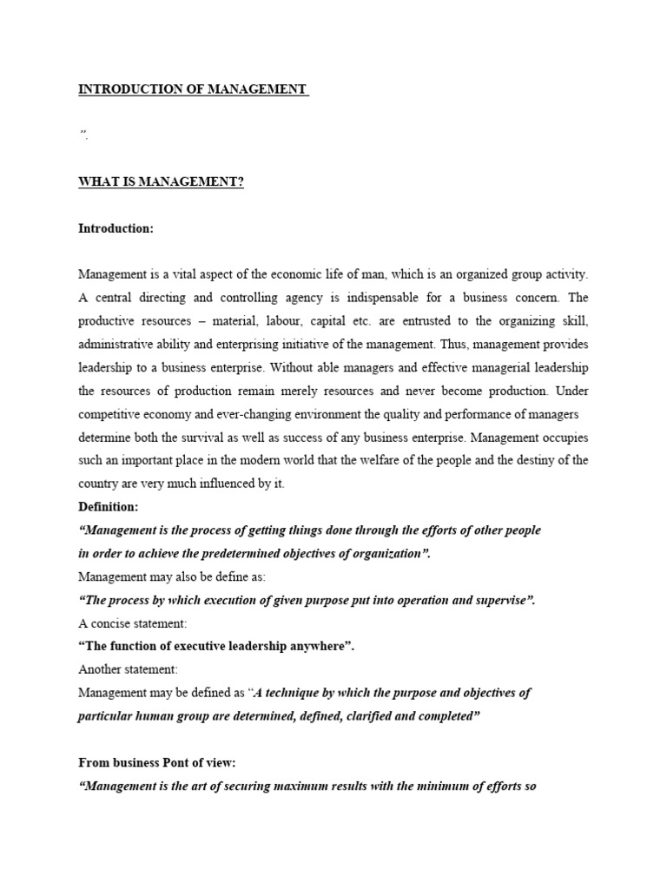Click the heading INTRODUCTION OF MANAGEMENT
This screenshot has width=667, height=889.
193,89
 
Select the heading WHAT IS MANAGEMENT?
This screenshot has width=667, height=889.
161,181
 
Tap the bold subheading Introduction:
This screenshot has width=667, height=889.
116,228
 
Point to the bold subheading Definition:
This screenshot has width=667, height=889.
108,506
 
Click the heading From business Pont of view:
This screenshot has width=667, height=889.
157,762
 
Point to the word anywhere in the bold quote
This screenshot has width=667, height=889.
328,647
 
